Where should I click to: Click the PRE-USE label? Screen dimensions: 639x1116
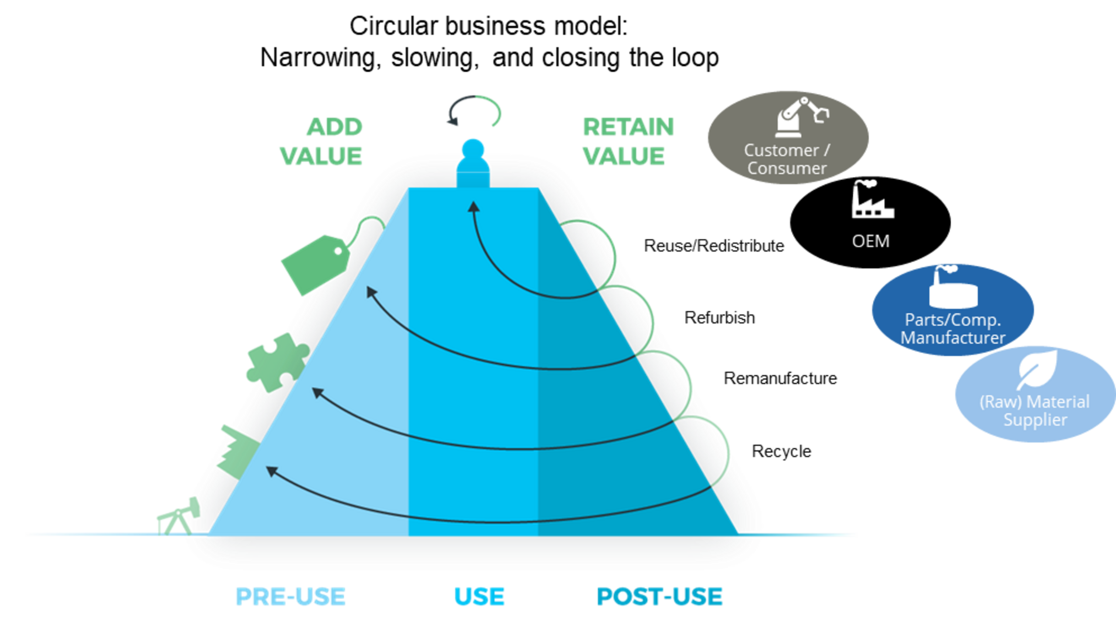tap(290, 596)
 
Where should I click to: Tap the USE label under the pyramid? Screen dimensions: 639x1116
tap(479, 596)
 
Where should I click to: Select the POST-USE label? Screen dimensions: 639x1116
tap(659, 596)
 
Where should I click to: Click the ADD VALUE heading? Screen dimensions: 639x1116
tap(323, 141)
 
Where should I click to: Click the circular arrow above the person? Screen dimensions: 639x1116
tap(474, 112)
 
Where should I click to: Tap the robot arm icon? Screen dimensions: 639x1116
tap(802, 116)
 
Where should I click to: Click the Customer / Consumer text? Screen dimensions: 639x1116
tap(787, 159)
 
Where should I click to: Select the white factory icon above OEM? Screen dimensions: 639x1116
tap(872, 199)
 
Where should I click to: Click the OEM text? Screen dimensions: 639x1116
tap(871, 241)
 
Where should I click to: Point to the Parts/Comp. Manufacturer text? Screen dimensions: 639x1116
tap(953, 329)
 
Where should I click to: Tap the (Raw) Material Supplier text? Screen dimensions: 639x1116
tap(1035, 411)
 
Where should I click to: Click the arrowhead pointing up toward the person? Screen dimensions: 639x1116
tap(474, 207)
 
